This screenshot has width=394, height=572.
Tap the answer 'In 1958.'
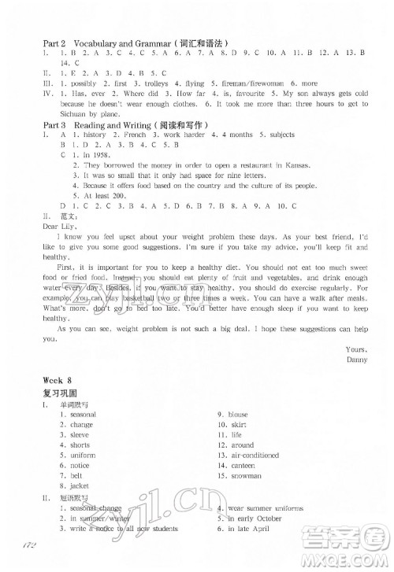click(89, 156)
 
